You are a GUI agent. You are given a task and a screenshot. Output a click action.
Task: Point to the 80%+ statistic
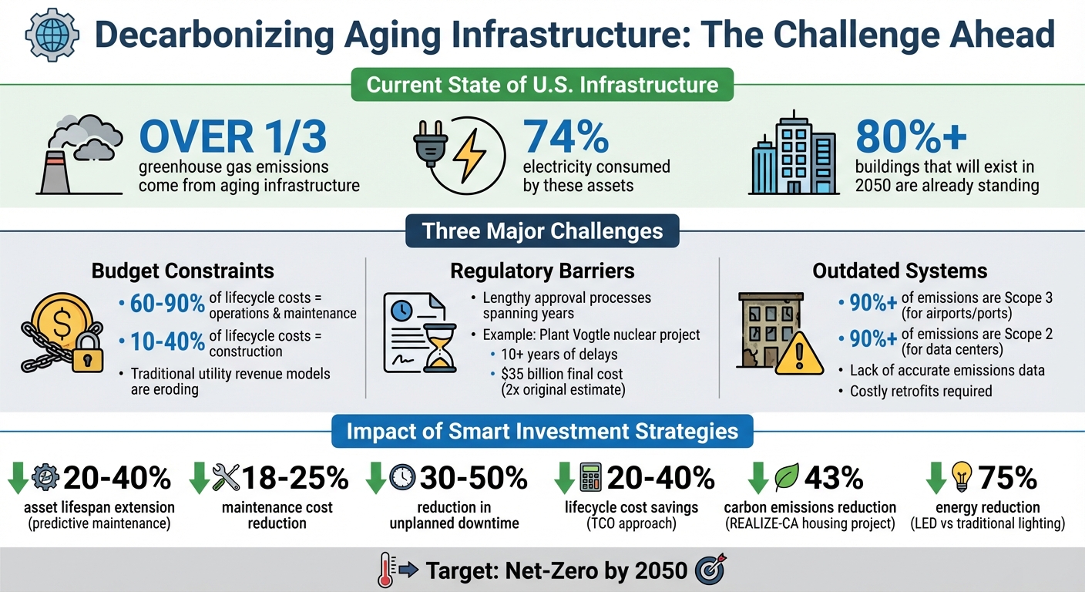pos(911,136)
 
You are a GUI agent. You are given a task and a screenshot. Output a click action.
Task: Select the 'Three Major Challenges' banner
pos(542,231)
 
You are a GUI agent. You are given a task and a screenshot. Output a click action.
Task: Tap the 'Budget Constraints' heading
pos(183,271)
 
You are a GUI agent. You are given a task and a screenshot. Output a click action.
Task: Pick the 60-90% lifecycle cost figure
pos(162,303)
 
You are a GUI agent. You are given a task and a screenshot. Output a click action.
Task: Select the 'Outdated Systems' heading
pos(899,271)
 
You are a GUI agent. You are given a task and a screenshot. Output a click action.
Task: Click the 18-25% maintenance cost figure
pos(295,479)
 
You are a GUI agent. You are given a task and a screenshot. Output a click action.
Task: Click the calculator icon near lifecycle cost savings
pos(589,478)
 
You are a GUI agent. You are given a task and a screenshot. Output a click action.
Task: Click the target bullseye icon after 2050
pos(708,570)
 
